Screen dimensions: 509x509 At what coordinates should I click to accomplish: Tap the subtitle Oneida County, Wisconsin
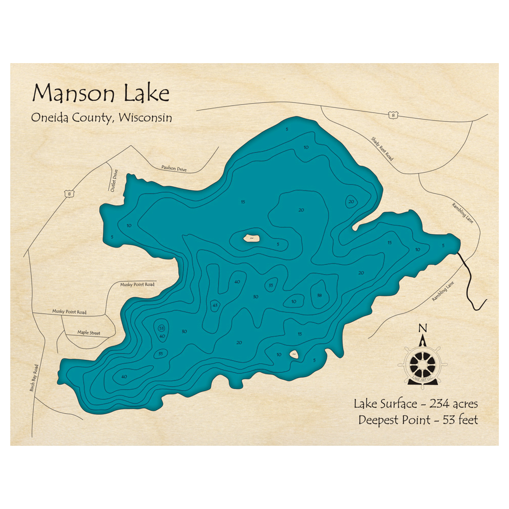tap(101, 117)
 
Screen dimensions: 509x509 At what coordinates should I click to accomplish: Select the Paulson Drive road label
tap(174, 168)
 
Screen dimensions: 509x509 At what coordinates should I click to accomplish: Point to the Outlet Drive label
tap(114, 181)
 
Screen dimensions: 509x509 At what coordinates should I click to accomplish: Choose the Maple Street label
tap(89, 333)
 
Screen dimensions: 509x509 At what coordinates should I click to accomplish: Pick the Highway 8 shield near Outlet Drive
tap(68, 193)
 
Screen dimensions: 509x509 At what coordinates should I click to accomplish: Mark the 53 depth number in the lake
tap(161, 328)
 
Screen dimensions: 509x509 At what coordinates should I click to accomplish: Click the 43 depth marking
tap(215, 305)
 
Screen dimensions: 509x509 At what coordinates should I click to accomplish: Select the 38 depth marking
tap(319, 295)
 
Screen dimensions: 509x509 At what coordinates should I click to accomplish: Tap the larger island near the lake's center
tap(252, 238)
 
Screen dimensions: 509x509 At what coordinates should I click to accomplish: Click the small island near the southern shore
tap(294, 354)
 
